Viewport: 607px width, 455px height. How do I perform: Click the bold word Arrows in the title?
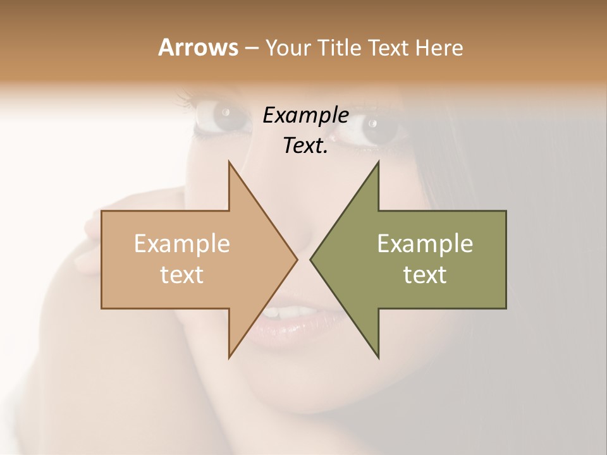click(197, 47)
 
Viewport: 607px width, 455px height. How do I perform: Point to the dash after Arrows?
click(251, 49)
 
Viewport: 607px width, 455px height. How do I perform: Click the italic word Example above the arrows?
click(305, 116)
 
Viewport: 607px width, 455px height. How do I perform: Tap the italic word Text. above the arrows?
click(305, 145)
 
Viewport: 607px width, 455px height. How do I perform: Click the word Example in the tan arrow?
click(182, 243)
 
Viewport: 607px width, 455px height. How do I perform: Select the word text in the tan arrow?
click(182, 275)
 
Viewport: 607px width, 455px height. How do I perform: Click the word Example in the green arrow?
click(425, 243)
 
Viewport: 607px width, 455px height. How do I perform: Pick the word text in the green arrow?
click(425, 275)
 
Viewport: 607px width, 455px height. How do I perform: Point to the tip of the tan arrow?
click(297, 259)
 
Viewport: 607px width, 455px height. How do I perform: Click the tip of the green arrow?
click(310, 259)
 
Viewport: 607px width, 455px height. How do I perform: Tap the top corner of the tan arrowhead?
click(229, 162)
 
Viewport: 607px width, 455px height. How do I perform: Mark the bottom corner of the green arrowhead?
click(378, 358)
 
